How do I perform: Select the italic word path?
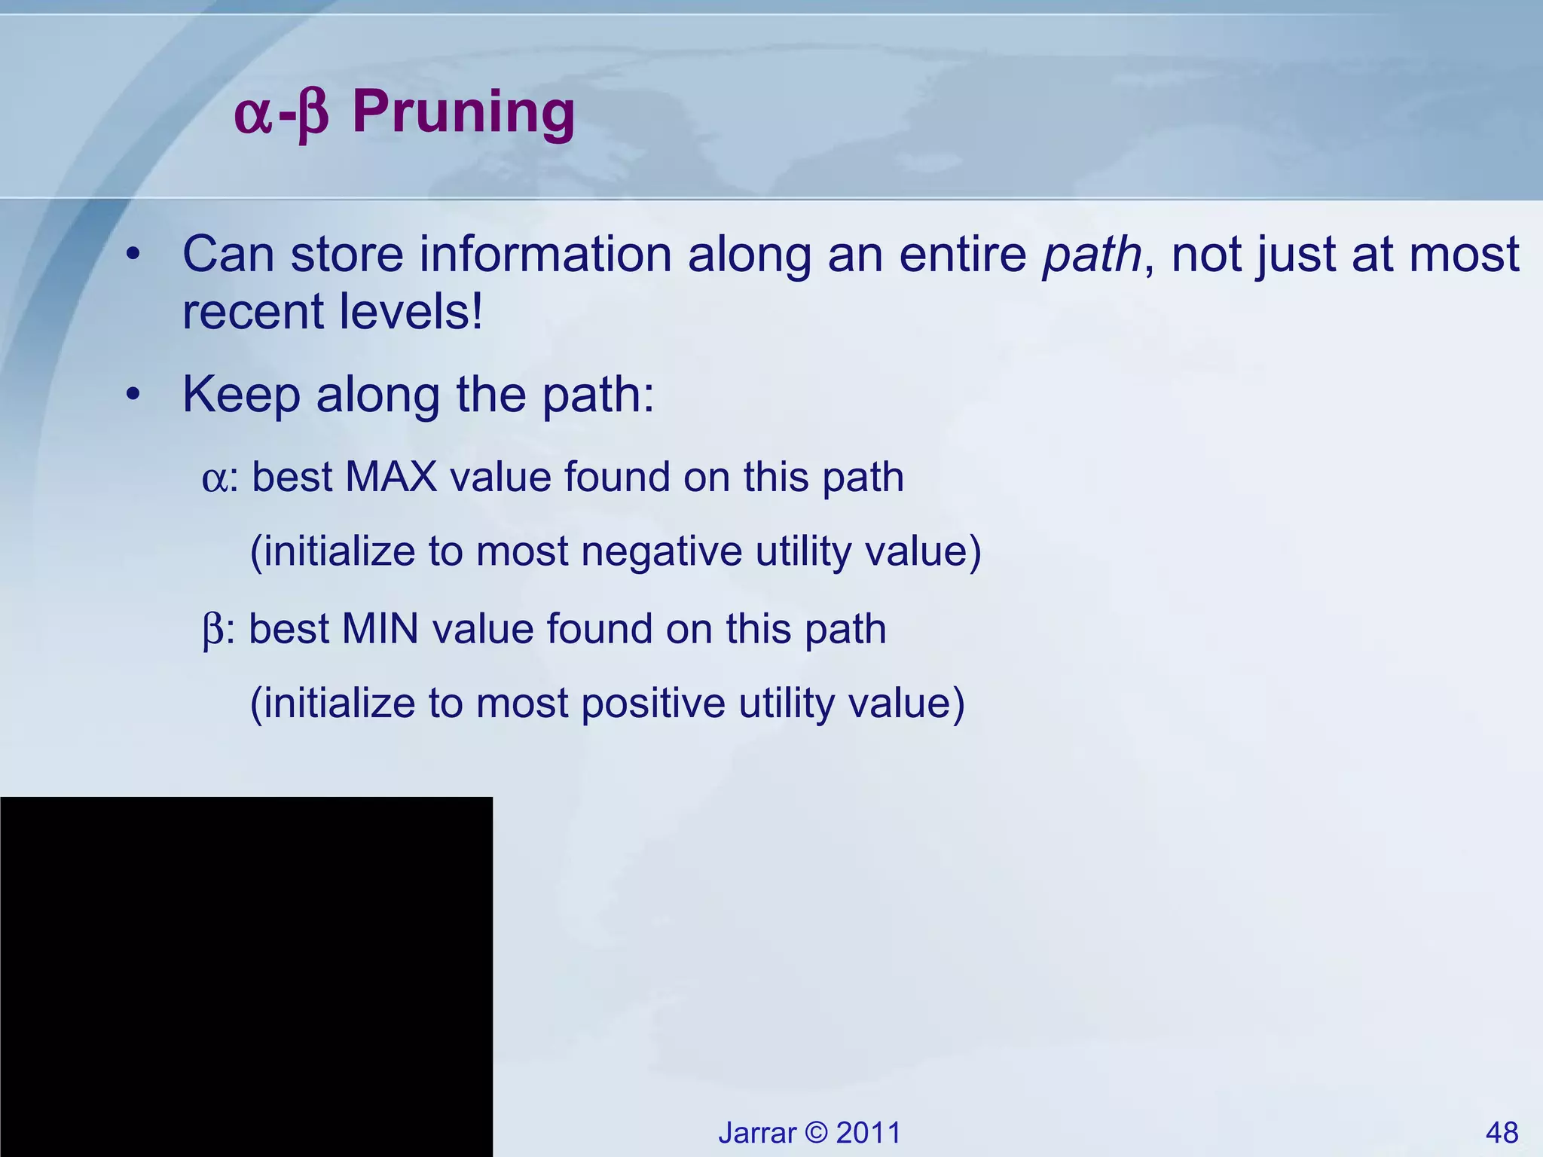pos(1092,255)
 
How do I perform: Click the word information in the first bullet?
pos(545,255)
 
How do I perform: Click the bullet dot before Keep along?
pos(133,394)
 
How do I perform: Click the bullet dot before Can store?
pos(133,255)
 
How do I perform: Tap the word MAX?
pos(391,477)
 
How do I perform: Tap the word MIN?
pos(380,629)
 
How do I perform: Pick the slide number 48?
pos(1502,1132)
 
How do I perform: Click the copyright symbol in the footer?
pos(816,1132)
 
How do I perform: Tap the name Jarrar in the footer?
pos(756,1132)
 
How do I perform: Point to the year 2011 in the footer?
pos(868,1132)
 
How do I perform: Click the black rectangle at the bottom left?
pos(246,976)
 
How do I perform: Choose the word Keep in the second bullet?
pos(241,395)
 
